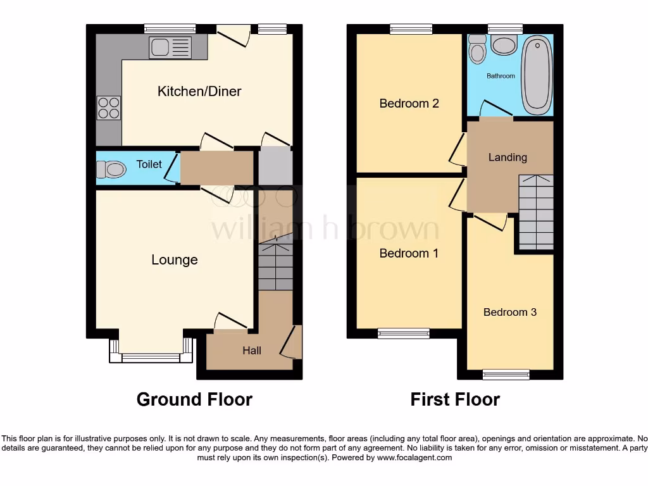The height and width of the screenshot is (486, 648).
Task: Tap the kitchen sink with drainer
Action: click(170, 47)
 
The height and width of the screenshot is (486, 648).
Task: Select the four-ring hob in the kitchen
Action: click(108, 108)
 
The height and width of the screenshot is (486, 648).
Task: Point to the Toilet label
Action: click(149, 165)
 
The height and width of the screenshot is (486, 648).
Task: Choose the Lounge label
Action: click(175, 259)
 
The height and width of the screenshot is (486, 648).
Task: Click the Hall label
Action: click(252, 350)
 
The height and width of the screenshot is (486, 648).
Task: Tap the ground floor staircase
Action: click(275, 266)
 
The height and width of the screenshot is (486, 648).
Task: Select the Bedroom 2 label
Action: click(409, 103)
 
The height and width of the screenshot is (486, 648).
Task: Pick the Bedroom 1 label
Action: click(409, 253)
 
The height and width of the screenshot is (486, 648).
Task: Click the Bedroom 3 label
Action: click(510, 312)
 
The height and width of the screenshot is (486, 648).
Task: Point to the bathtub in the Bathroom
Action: click(537, 74)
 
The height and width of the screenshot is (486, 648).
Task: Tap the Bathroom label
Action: click(501, 76)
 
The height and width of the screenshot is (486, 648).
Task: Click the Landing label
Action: click(508, 157)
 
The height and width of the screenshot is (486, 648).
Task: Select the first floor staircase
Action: click(536, 212)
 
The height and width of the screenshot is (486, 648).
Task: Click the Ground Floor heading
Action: click(194, 399)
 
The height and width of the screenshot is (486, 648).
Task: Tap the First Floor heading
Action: click(455, 399)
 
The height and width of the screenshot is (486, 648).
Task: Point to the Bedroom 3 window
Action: click(506, 375)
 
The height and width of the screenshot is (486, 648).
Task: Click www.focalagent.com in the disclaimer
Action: click(415, 457)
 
